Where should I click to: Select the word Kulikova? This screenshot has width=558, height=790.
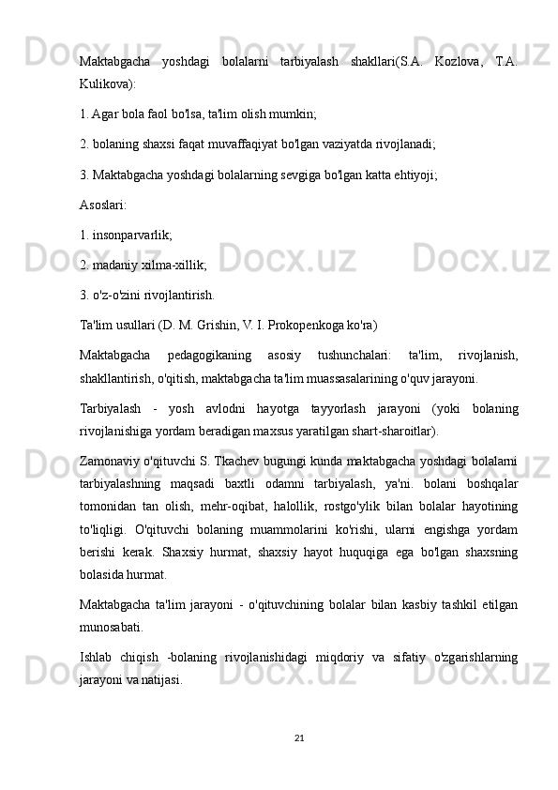(x=106, y=83)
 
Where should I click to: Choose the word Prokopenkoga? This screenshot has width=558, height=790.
(x=331, y=326)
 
